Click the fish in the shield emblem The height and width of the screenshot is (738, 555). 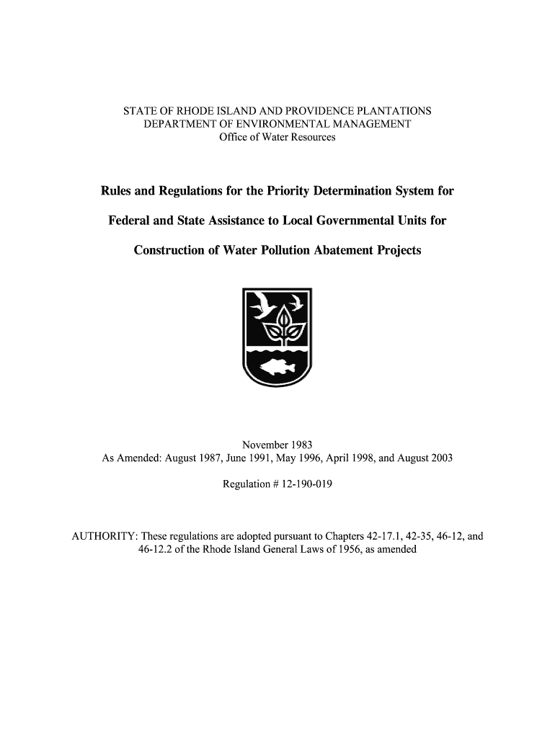click(x=277, y=366)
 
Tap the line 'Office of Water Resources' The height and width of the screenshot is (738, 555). click(x=277, y=137)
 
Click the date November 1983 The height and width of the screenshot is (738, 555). click(x=277, y=444)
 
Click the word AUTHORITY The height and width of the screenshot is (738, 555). click(x=103, y=537)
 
